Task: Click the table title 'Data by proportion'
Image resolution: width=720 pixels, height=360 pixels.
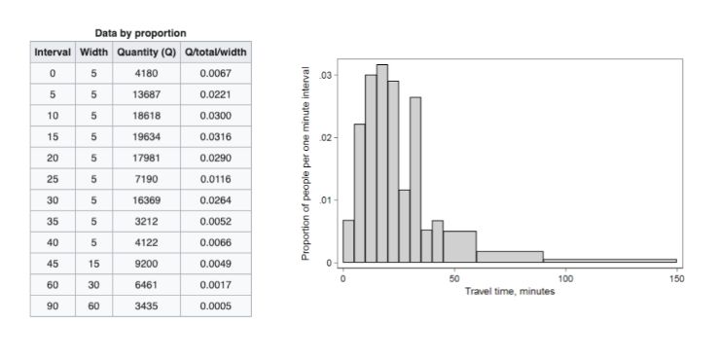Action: point(140,33)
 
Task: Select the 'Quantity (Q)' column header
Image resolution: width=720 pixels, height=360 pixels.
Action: point(147,52)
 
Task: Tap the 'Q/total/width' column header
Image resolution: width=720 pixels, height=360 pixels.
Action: point(216,52)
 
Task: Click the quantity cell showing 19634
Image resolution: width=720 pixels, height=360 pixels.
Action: point(147,137)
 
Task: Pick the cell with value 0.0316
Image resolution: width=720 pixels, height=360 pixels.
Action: point(216,137)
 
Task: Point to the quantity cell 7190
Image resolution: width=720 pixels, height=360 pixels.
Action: point(147,179)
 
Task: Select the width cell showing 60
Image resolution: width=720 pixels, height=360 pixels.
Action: point(93,306)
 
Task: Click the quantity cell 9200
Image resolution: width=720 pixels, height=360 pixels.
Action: point(147,264)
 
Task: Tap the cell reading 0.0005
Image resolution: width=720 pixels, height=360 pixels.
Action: point(216,306)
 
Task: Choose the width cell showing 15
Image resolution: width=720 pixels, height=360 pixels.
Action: point(93,264)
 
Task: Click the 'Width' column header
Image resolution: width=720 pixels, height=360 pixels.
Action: point(93,52)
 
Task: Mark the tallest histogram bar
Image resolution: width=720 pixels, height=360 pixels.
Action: point(382,163)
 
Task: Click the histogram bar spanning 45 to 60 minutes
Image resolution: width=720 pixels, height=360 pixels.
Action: point(459,246)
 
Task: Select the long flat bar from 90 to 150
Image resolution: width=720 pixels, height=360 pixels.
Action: point(610,261)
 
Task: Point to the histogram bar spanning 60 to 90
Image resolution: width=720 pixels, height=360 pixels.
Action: point(510,257)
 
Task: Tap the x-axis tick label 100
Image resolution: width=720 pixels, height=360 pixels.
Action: point(565,278)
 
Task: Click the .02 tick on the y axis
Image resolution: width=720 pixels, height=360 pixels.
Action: point(327,137)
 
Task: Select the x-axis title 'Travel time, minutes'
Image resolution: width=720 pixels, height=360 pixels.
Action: point(510,291)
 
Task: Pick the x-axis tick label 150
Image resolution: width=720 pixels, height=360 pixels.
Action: point(677,278)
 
